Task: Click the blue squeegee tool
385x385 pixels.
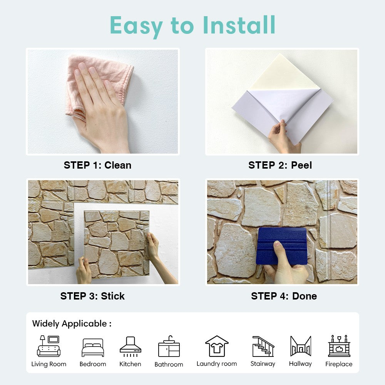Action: (x=281, y=245)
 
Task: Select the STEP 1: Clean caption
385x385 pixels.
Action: (x=97, y=165)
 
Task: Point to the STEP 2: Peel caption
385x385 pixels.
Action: (x=280, y=165)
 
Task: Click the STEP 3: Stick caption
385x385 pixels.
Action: (x=92, y=296)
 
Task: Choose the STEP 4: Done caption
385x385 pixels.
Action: (x=284, y=296)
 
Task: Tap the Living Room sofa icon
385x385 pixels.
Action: (x=49, y=346)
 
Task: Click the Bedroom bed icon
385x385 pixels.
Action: (x=93, y=348)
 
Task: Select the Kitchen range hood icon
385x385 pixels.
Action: (x=130, y=346)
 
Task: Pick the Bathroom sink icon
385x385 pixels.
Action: (x=169, y=346)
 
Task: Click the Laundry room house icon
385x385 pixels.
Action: (x=217, y=346)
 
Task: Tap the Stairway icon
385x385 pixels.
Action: (x=263, y=346)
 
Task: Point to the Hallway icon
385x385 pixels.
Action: (x=300, y=346)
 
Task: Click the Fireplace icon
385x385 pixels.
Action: (x=339, y=346)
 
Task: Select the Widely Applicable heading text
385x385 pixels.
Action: (x=72, y=324)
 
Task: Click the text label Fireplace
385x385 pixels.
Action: (x=339, y=364)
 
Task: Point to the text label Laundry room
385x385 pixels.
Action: (x=217, y=364)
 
